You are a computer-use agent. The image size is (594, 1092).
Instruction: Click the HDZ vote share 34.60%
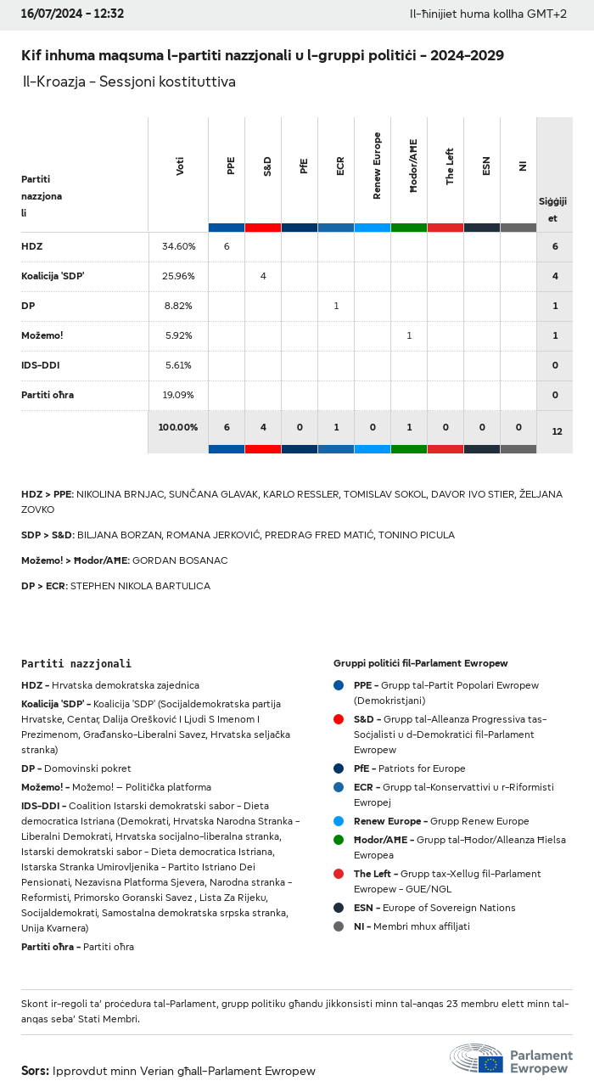pos(178,246)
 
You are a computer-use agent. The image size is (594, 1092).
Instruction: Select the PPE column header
pos(231,166)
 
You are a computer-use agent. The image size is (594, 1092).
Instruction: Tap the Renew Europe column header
pos(377,166)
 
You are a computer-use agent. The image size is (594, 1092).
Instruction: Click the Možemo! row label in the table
pos(42,335)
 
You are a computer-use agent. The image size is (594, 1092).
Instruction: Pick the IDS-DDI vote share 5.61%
pos(178,365)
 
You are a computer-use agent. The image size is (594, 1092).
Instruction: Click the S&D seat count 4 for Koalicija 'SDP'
pos(263,276)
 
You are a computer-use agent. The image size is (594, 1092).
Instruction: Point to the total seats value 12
pos(557,431)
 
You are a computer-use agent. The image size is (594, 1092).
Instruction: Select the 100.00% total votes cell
pos(178,427)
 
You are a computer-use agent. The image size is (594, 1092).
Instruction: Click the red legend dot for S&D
pos(339,719)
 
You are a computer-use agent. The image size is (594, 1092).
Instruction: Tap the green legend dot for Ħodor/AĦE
pos(339,840)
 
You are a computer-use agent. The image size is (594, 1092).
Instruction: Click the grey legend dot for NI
pos(339,926)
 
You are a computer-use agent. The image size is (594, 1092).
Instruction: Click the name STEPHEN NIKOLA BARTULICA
pos(140,586)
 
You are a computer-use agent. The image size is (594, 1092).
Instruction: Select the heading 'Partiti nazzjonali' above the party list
pos(76,663)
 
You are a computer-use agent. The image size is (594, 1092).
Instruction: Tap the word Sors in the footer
pos(35,1071)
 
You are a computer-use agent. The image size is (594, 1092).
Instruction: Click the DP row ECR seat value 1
pos(336,306)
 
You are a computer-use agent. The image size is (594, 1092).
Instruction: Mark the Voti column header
pos(180,166)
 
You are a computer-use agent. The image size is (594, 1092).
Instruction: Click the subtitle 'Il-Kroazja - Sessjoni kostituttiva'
pos(129,82)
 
